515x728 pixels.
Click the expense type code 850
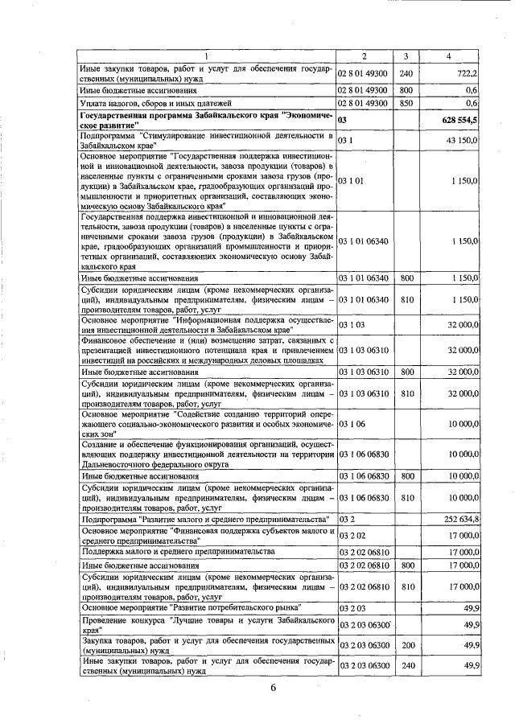click(406, 103)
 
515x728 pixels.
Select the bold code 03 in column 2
click(343, 120)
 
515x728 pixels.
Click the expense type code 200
click(406, 644)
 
